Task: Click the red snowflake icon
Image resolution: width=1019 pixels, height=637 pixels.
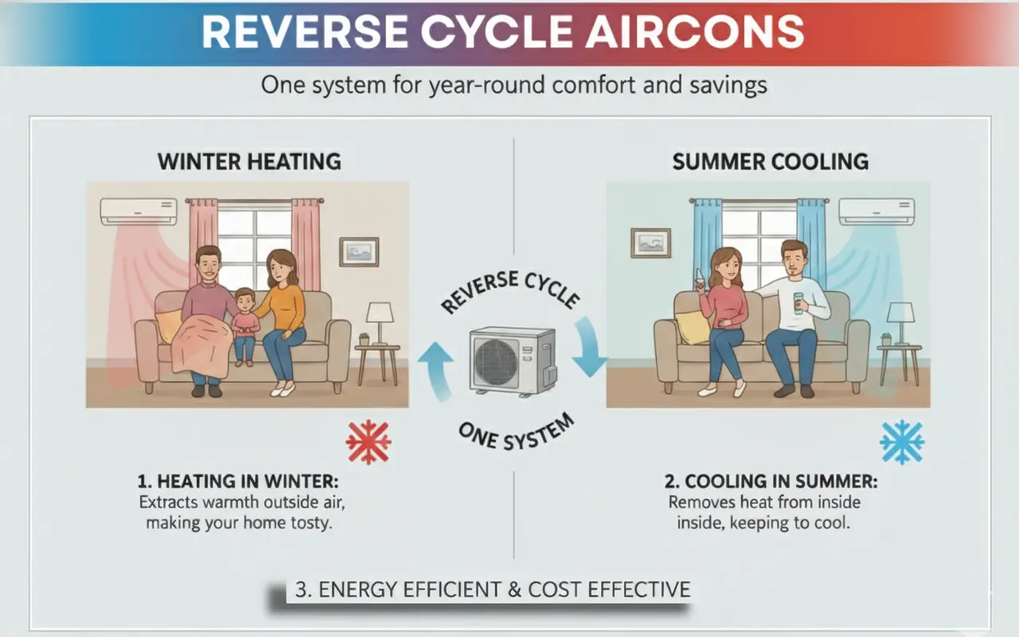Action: point(369,442)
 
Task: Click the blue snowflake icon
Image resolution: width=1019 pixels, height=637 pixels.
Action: point(902,442)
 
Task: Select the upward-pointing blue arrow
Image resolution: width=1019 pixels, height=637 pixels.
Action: point(435,369)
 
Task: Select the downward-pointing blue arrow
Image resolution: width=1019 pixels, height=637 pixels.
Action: point(589,346)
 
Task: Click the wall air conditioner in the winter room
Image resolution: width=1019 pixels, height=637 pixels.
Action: point(139,212)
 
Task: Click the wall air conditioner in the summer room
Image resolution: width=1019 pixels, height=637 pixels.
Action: point(876,212)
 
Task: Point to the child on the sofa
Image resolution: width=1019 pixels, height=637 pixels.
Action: point(244,326)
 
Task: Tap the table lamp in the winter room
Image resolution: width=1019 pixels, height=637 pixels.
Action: point(380,323)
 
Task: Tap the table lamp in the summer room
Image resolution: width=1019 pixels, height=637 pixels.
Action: point(900,323)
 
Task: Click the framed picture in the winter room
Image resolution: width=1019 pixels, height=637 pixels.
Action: point(359,252)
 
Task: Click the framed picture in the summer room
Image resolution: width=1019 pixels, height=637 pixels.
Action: point(650,243)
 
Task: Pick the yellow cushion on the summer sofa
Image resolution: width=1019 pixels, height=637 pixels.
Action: point(692,326)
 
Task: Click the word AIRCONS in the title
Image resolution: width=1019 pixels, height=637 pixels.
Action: point(694,32)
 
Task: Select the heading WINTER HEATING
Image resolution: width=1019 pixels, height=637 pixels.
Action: point(249,162)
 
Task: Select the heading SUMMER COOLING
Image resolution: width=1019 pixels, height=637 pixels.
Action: point(770,162)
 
